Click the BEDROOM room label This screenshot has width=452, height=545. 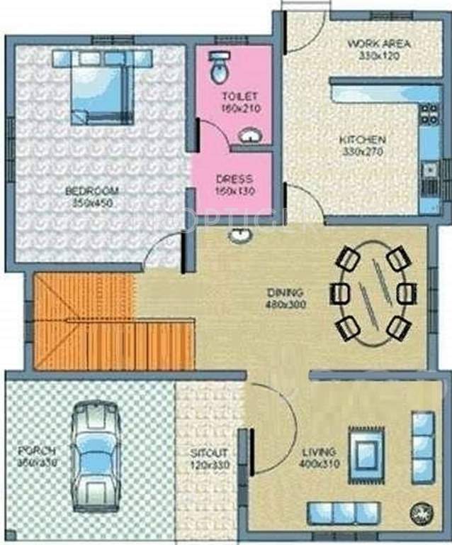[91, 191]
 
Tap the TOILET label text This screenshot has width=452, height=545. [240, 96]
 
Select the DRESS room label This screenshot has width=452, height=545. [235, 180]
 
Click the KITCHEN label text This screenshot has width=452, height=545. [362, 140]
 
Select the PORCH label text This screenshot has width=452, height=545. [38, 451]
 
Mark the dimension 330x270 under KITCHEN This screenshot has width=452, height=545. [361, 151]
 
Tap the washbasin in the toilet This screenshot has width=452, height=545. [249, 134]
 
